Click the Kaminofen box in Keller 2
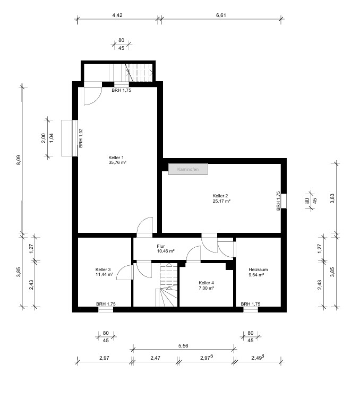pos(188,169)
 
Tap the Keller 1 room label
pos(116,158)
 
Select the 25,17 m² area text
pos(221,201)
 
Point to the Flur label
pos(160,246)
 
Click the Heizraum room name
pos(258,269)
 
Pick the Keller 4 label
pos(207,283)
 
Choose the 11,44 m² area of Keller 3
pos(105,274)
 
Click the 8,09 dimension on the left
pos(19,160)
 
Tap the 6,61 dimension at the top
pos(221,15)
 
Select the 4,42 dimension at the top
pos(117,15)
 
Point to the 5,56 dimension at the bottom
pos(183,346)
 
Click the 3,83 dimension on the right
pos(332,198)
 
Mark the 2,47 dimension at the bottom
pos(155,358)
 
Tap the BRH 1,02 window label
pos(81,138)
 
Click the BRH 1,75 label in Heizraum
pos(251,304)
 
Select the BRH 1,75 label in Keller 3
pos(106,304)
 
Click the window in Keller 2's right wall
pos(284,201)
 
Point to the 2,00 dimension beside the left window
pos(43,138)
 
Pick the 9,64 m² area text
pos(256,275)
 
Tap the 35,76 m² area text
pos(117,162)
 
